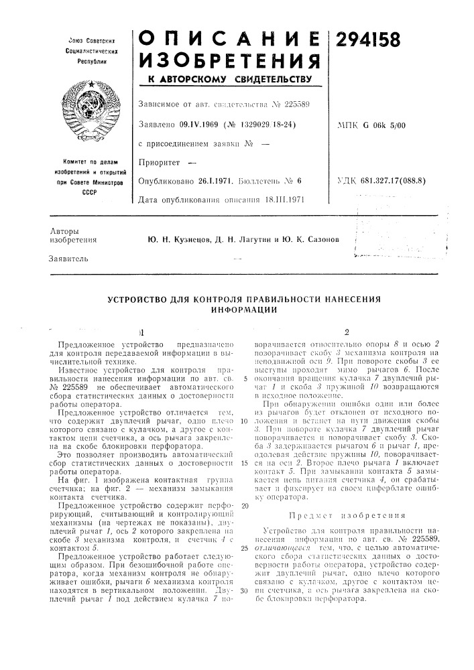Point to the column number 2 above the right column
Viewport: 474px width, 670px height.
346,330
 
